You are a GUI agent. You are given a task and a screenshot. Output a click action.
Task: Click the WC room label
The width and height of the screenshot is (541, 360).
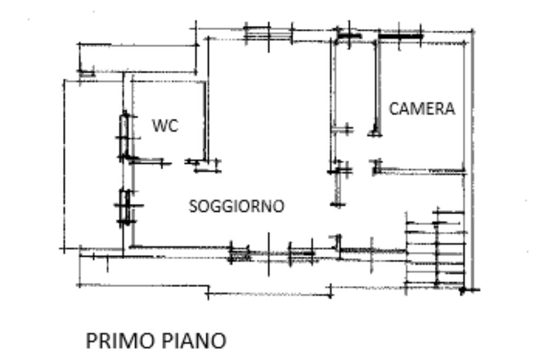click(165, 126)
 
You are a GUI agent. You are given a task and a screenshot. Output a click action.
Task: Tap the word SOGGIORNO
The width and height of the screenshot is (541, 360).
click(236, 206)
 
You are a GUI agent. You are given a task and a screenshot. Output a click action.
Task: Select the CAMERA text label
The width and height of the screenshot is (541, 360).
click(422, 109)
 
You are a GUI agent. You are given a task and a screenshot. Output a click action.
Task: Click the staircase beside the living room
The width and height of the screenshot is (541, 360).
click(436, 248)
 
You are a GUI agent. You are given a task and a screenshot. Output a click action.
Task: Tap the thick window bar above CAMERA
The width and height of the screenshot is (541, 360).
click(400, 36)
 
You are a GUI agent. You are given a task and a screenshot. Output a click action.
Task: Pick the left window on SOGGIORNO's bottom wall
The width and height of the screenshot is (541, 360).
click(240, 254)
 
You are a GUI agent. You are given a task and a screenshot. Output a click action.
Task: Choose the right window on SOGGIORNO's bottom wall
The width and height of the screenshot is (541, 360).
click(301, 254)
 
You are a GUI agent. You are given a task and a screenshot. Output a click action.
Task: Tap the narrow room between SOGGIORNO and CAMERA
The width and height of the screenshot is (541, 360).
click(354, 84)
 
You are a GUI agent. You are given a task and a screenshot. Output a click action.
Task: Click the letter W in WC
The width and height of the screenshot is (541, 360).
click(159, 126)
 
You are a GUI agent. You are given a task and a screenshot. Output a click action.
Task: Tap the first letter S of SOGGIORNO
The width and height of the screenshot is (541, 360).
click(193, 206)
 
